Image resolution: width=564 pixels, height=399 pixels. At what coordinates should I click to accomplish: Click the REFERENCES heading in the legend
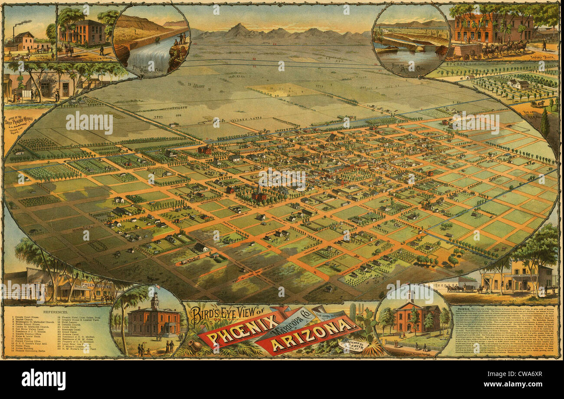click(x=55, y=312)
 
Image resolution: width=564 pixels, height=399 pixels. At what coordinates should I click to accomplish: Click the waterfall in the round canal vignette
click(x=150, y=56)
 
